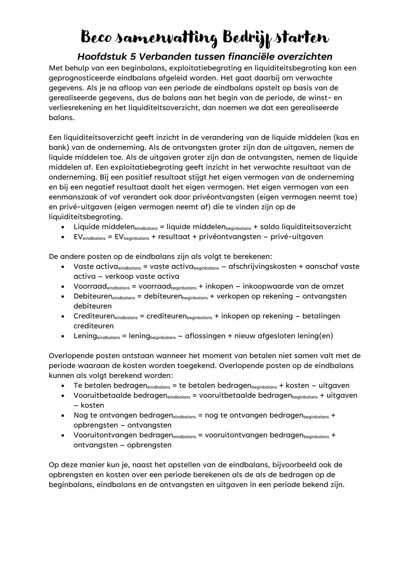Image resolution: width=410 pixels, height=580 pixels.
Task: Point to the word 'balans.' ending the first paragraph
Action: coord(61,117)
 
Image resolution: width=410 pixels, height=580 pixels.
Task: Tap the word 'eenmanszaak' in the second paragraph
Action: coord(71,197)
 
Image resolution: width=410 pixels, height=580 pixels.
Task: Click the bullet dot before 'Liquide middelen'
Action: coord(63,227)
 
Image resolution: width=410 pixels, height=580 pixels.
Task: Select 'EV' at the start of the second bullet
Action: coord(78,237)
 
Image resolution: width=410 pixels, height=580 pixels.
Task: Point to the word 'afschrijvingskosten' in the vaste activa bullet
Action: coord(262,266)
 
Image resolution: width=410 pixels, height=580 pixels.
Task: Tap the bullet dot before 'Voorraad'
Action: coord(63,286)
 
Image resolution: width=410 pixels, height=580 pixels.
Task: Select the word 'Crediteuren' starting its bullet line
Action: coord(94,316)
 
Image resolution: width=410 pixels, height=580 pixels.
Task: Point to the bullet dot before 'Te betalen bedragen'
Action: coord(63,386)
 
